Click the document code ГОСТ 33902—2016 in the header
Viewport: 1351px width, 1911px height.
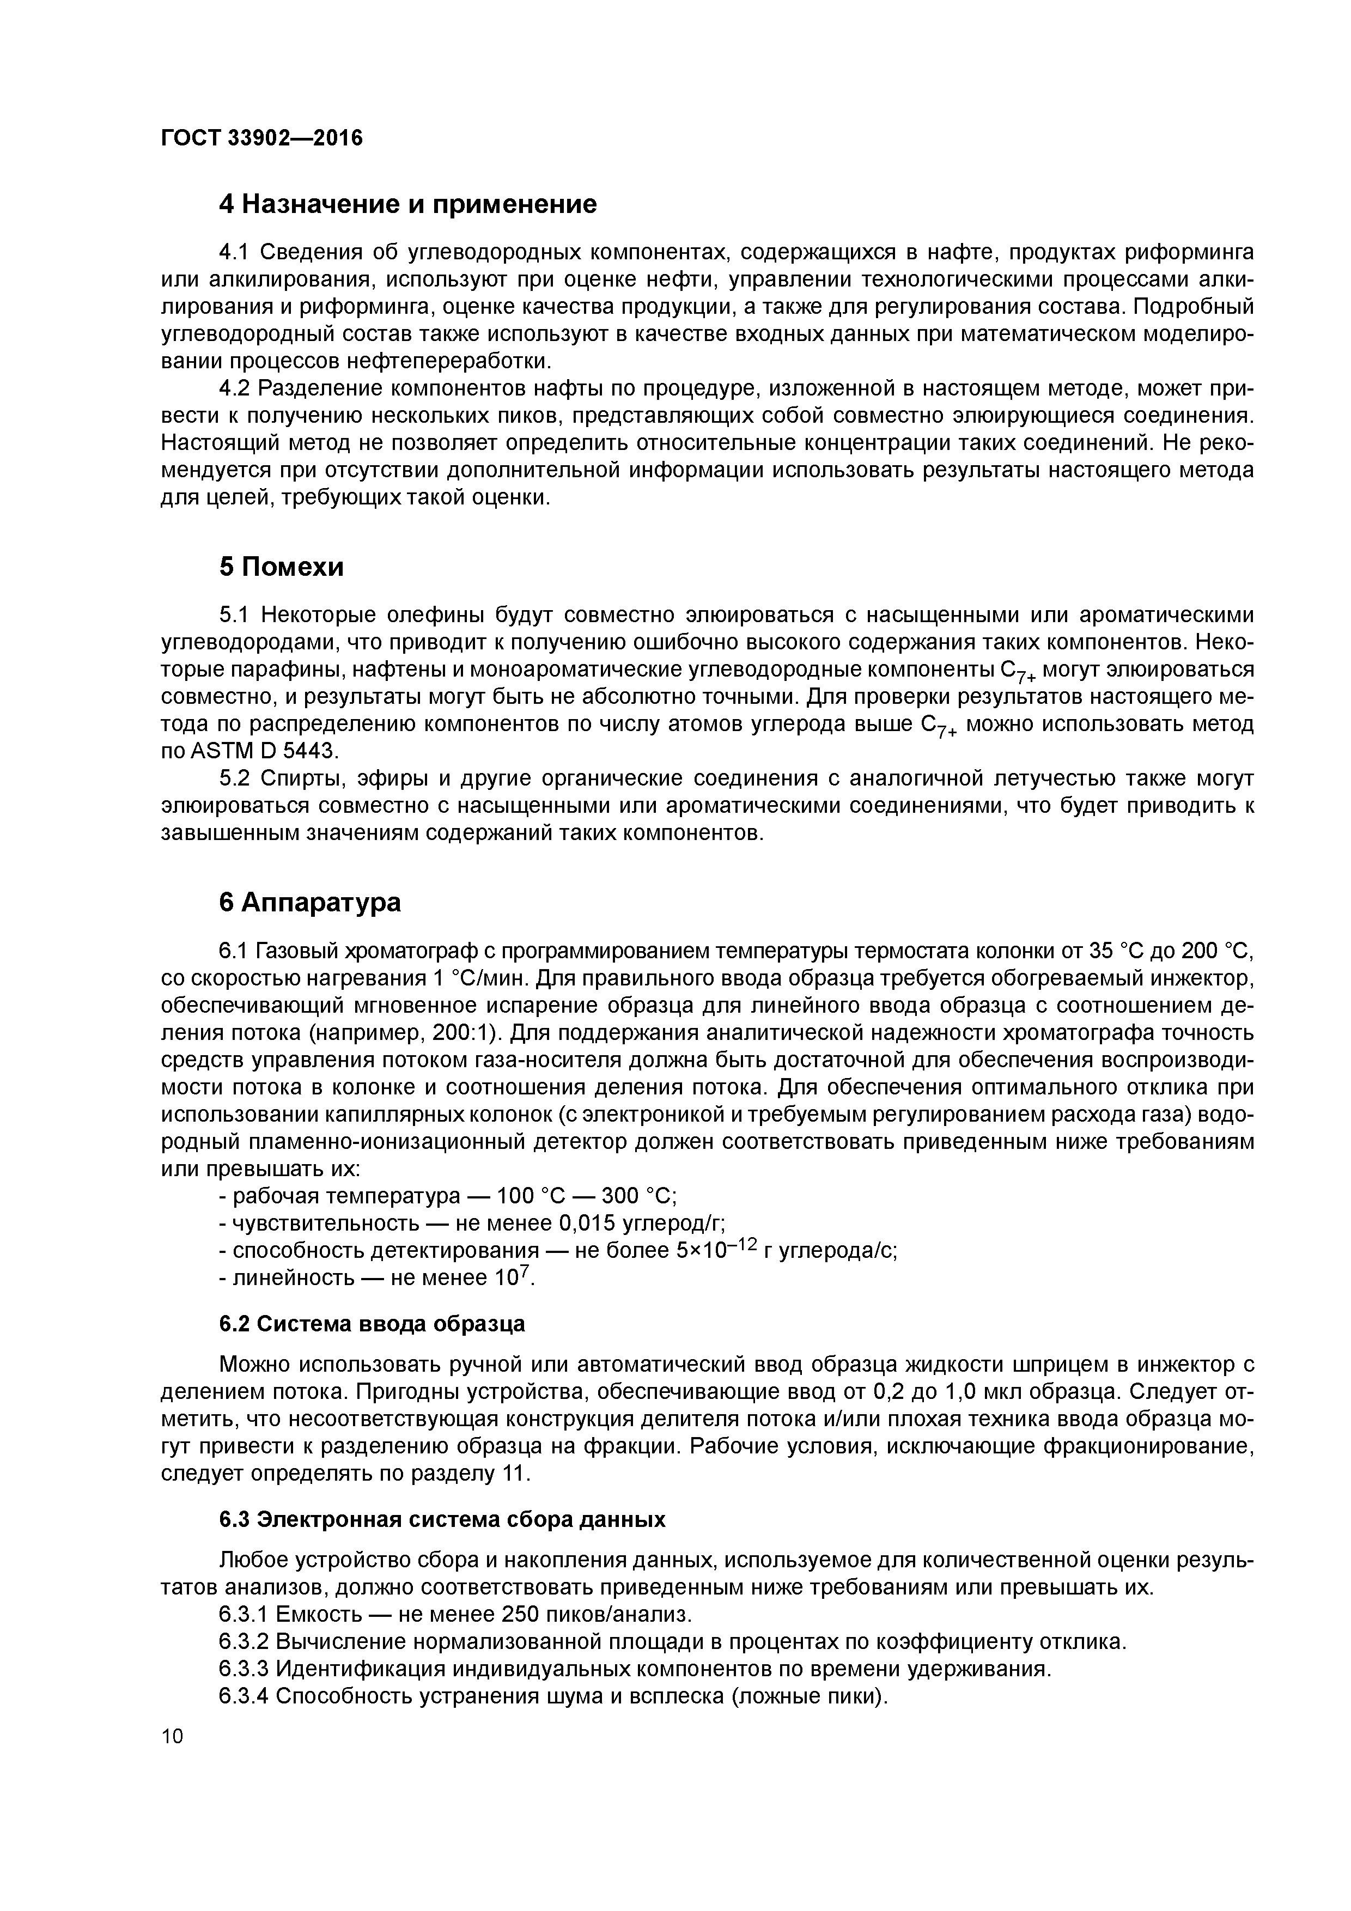tap(261, 137)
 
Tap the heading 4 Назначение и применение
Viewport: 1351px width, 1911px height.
tap(408, 204)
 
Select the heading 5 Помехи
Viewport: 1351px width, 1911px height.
tap(281, 567)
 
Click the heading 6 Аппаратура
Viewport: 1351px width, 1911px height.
tap(309, 902)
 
